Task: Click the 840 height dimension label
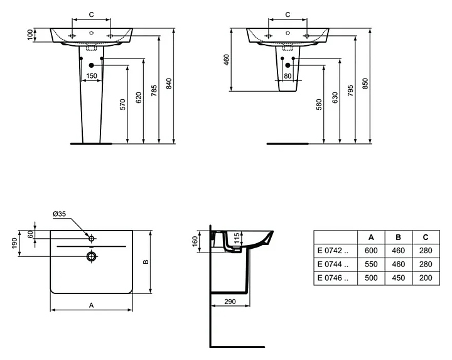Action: [169, 84]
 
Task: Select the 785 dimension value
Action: [154, 90]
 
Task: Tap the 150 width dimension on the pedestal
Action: [92, 76]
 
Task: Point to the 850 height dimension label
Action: [365, 84]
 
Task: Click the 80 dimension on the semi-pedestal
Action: [288, 76]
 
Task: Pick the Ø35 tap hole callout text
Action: [60, 214]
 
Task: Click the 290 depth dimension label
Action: [230, 302]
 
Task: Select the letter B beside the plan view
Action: [146, 262]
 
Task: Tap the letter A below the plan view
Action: [92, 305]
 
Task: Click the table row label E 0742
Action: [333, 251]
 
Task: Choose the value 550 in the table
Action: [371, 265]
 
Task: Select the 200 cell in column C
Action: [426, 278]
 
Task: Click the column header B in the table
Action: [399, 237]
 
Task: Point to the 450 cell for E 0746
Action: [399, 278]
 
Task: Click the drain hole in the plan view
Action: [92, 256]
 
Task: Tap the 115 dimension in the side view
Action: [237, 239]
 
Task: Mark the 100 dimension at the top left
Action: [30, 35]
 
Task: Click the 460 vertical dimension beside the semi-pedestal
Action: [227, 60]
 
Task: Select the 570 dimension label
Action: [122, 104]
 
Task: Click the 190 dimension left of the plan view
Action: [14, 243]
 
